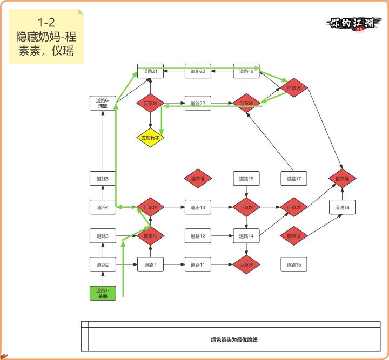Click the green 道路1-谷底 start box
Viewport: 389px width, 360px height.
point(103,293)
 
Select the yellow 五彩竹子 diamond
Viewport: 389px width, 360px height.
point(150,138)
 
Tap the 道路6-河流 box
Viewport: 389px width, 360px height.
point(103,103)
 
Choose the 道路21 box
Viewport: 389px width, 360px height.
point(150,71)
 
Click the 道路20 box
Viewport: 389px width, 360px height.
point(198,71)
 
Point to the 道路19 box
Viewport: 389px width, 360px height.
point(246,71)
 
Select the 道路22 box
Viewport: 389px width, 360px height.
point(198,103)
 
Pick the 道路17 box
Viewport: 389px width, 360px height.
point(294,179)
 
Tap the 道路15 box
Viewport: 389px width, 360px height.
point(246,179)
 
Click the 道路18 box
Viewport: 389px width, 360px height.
point(342,207)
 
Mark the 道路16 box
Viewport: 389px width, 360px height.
point(294,264)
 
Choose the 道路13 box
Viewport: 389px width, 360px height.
point(198,207)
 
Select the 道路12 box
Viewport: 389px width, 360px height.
point(198,236)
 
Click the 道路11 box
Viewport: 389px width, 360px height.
point(198,264)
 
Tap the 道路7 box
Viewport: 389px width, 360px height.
point(150,264)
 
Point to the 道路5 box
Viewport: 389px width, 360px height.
point(103,179)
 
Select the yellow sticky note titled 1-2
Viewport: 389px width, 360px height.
point(46,37)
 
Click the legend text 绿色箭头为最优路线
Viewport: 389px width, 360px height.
point(234,340)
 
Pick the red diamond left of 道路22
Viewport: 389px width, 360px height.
point(150,103)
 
